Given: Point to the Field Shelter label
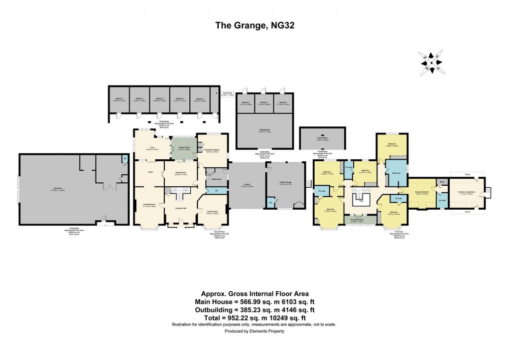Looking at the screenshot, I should (x=322, y=139).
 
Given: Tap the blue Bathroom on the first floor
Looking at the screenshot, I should (x=396, y=173).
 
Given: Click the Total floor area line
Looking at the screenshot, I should (x=254, y=318).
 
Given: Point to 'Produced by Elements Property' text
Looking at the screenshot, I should (x=254, y=331).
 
